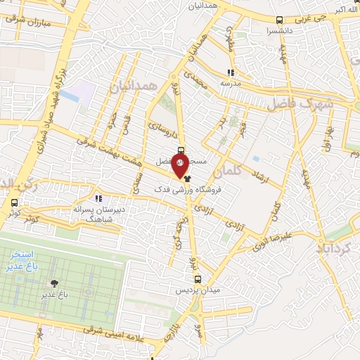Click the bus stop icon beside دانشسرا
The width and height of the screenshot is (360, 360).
point(281,20)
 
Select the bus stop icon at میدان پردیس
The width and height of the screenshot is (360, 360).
point(198,278)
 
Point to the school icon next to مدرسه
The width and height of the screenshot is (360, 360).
point(230,72)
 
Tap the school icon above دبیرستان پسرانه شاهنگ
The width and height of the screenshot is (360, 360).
point(99,199)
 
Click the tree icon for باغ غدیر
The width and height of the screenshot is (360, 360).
point(53,283)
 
